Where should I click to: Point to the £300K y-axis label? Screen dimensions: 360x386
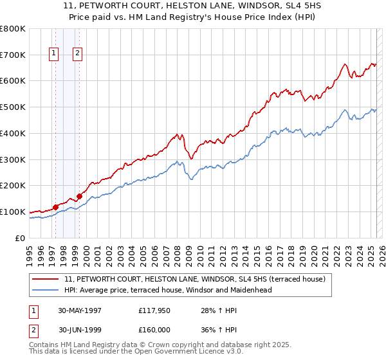pyautogui.click(x=13, y=159)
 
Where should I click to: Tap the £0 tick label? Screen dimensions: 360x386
pyautogui.click(x=19, y=238)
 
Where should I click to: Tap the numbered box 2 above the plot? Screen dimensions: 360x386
pyautogui.click(x=77, y=54)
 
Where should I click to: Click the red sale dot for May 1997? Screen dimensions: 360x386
pyautogui.click(x=56, y=207)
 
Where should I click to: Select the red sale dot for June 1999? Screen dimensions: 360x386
pyautogui.click(x=80, y=196)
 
